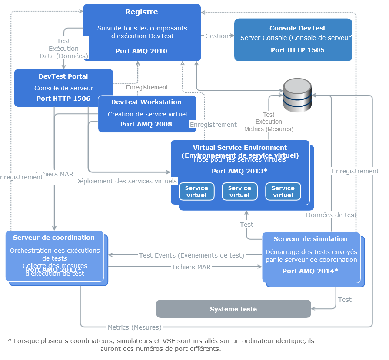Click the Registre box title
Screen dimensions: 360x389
coord(141,12)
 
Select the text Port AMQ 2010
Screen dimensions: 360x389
coord(141,51)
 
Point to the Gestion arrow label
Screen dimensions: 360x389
coord(216,36)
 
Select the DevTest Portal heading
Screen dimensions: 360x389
coord(63,76)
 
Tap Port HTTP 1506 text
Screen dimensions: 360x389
coord(63,99)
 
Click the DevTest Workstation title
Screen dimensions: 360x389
coord(146,102)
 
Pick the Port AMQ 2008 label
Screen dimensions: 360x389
coord(146,124)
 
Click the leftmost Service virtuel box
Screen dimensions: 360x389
coord(196,192)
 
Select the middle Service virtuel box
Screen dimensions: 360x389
coord(239,192)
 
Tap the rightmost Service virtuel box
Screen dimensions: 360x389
coord(283,192)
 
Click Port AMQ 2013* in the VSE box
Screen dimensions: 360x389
coord(239,171)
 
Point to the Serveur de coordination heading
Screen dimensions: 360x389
coord(54,238)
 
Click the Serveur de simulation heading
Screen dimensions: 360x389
coord(310,239)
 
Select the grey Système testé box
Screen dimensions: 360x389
coord(233,309)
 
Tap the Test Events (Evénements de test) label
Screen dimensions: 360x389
coord(191,255)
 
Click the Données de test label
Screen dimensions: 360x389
coord(331,215)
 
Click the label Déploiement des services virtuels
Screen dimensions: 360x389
coord(126,181)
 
